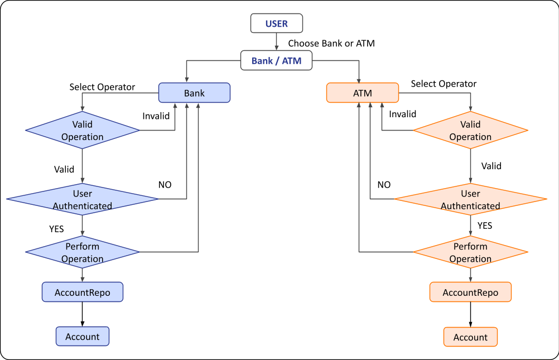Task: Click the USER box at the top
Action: [x=277, y=24]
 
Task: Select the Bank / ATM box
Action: [x=276, y=61]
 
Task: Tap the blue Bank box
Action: [x=194, y=93]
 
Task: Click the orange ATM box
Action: [x=362, y=93]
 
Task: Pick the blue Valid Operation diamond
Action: [x=83, y=131]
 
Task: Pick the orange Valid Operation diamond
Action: [x=470, y=131]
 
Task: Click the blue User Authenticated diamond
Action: [x=83, y=199]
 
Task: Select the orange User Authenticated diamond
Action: [x=470, y=199]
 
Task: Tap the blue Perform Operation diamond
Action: [x=83, y=252]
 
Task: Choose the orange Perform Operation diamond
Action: [x=470, y=252]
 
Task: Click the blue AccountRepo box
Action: [x=83, y=292]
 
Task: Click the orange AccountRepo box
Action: [x=470, y=292]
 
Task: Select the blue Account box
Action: [x=83, y=337]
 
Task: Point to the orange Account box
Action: [x=470, y=337]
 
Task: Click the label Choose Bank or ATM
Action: [x=331, y=43]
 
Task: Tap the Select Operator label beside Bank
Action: [x=102, y=87]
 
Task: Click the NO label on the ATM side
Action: [x=384, y=185]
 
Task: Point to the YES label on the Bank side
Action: [x=56, y=229]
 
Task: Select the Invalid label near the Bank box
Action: [x=156, y=116]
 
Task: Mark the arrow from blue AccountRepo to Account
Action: [x=83, y=314]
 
